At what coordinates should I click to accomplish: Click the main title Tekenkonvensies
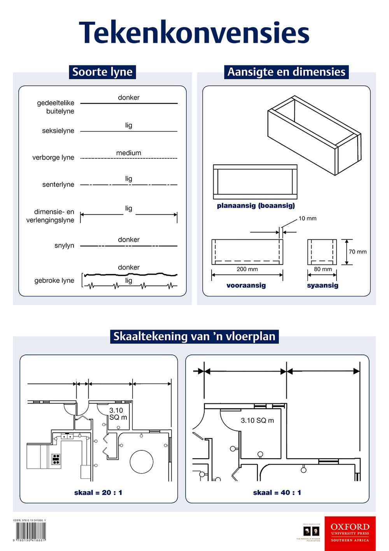(194, 33)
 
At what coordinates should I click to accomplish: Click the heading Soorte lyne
(102, 72)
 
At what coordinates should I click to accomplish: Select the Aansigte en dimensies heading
(286, 72)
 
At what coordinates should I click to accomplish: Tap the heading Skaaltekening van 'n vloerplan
(194, 336)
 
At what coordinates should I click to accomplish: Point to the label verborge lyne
(53, 158)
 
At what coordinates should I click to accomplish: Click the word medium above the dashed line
(128, 153)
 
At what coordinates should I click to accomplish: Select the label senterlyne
(58, 184)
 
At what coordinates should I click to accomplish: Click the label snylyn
(64, 246)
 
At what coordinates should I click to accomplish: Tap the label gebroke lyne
(54, 281)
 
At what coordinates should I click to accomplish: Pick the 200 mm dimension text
(247, 269)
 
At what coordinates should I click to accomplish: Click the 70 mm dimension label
(357, 252)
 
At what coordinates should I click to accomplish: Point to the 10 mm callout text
(307, 218)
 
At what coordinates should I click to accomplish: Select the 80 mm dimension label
(323, 269)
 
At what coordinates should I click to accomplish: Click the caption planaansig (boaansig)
(256, 205)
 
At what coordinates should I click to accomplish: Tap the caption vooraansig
(246, 285)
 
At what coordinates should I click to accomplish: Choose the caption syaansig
(322, 285)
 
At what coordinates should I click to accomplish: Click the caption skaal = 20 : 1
(98, 493)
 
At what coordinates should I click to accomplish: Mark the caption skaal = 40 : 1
(277, 493)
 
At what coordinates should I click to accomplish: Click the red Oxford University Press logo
(350, 533)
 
